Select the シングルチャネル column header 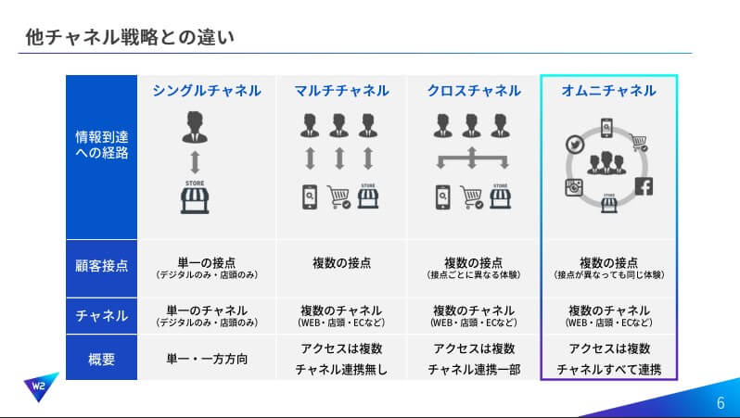tap(207, 91)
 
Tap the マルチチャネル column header tap(340, 91)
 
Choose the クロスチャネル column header tap(473, 91)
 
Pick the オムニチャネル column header tap(608, 91)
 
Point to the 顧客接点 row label tap(101, 267)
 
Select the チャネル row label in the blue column tap(101, 315)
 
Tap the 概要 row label tap(101, 358)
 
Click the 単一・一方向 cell tap(207, 358)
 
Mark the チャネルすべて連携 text tap(608, 370)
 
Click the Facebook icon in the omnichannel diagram tap(644, 186)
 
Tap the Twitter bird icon tap(574, 146)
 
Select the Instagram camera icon tap(574, 186)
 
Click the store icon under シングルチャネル tap(194, 197)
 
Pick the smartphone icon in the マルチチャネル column tap(311, 197)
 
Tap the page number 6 tap(721, 403)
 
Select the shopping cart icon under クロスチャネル tap(472, 197)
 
